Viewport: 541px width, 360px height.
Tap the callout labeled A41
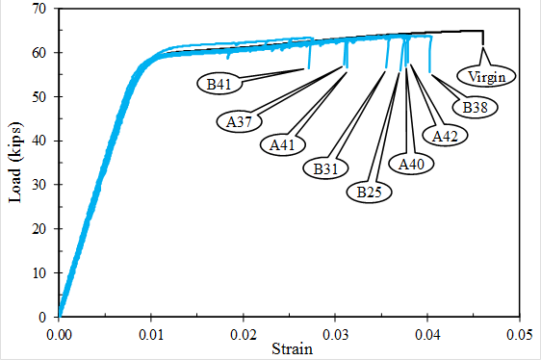point(282,144)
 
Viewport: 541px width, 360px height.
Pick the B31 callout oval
point(325,168)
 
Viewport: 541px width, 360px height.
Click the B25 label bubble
point(369,192)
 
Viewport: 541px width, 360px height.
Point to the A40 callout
point(411,165)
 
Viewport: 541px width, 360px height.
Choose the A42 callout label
point(444,136)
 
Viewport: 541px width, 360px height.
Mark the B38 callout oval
point(474,107)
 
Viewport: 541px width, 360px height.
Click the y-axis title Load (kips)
point(15,163)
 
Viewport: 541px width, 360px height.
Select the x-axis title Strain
point(290,348)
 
